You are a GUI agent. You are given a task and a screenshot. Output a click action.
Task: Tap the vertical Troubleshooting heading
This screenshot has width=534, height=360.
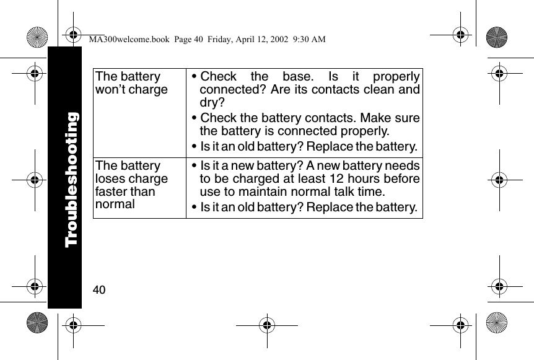72,178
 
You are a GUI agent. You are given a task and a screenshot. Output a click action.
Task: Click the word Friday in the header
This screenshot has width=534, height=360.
214,40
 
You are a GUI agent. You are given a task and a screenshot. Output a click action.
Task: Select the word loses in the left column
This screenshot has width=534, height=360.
111,179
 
